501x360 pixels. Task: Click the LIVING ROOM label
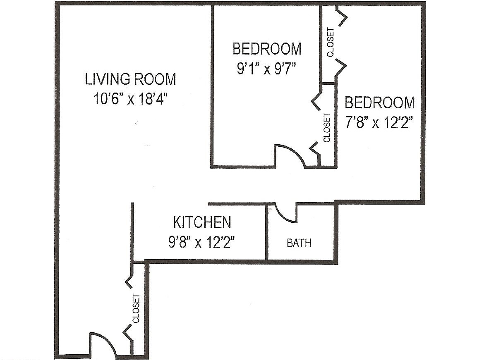tap(130, 79)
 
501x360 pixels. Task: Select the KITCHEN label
tap(202, 222)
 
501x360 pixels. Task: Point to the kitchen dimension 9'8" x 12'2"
tap(202, 242)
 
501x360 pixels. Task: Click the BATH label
tap(299, 243)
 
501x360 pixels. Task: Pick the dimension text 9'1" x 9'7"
tap(266, 68)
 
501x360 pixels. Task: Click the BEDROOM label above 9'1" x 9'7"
tap(267, 48)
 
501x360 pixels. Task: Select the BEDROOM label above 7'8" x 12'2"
tap(380, 103)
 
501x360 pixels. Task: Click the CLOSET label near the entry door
tap(136, 308)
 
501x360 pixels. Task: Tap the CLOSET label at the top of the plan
tap(331, 42)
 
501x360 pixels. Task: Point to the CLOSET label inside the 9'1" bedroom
tap(327, 128)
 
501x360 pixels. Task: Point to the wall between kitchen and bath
tap(266, 232)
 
